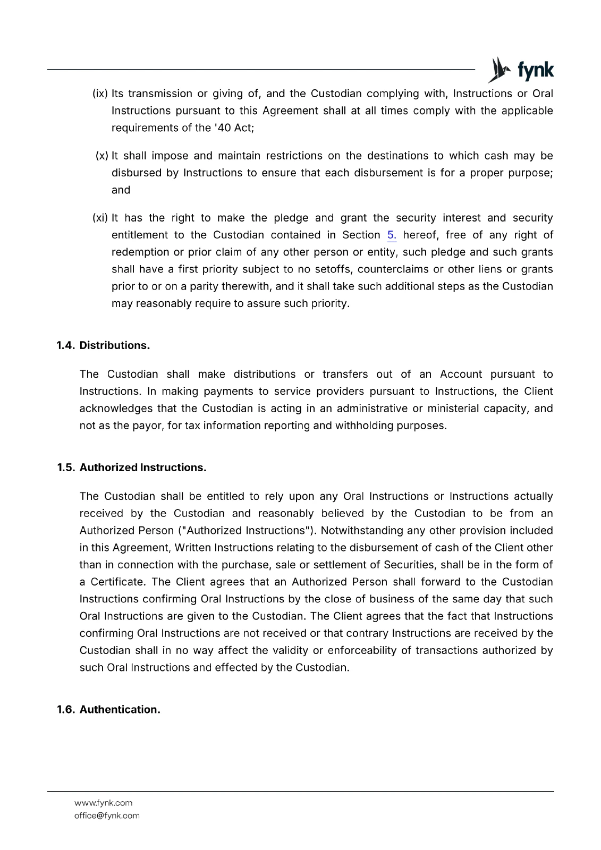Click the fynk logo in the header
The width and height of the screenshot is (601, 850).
click(520, 70)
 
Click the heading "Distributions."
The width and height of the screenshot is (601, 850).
click(115, 345)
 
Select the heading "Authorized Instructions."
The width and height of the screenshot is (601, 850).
click(143, 467)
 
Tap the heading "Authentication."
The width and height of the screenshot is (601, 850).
click(120, 710)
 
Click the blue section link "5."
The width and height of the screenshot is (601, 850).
click(392, 235)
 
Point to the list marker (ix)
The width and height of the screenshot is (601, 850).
click(100, 93)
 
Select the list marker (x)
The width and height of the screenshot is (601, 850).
click(102, 156)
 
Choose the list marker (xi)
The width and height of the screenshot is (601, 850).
click(100, 218)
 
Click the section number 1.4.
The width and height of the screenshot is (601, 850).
click(66, 345)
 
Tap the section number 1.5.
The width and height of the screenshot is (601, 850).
click(66, 467)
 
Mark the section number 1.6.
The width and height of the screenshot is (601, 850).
click(66, 710)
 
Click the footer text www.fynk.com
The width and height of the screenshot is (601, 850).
click(104, 803)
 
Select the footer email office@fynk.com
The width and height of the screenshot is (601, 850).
click(107, 815)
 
